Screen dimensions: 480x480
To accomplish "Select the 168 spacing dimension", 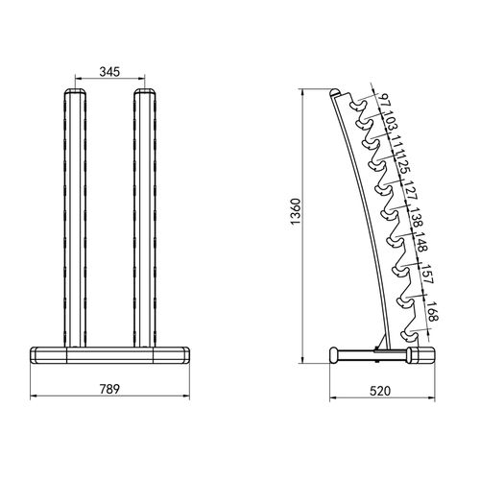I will [433, 316].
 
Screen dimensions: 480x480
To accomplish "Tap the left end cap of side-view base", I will [337, 355].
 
